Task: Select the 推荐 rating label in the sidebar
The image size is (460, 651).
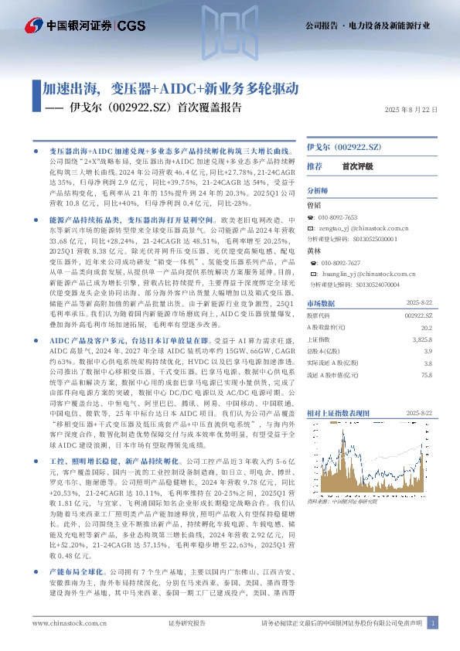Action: (x=315, y=166)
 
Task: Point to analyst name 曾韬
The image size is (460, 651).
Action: (x=314, y=206)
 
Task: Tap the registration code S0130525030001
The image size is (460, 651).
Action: (x=375, y=240)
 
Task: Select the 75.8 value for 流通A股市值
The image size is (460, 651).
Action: (x=427, y=374)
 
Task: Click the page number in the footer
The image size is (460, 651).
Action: (x=433, y=623)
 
